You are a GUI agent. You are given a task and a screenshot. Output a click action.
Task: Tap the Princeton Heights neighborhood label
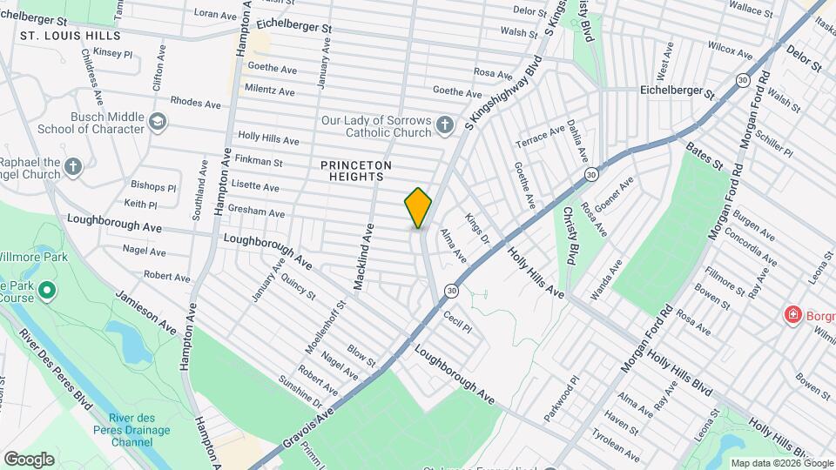(356, 171)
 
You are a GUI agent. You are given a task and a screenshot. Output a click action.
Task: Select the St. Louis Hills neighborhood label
(70, 37)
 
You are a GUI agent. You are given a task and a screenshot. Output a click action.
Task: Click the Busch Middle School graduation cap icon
(157, 121)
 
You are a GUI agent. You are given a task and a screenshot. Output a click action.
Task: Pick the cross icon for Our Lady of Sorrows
(444, 125)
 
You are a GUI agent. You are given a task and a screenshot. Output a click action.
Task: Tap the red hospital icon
(793, 314)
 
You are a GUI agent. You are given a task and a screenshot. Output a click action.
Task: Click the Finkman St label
(260, 162)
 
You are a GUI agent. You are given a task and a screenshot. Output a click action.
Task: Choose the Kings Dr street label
(478, 229)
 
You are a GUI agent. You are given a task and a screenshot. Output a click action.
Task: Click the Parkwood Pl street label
(560, 399)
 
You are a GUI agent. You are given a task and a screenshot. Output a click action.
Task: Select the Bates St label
(705, 156)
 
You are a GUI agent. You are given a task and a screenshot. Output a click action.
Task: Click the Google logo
(29, 459)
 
